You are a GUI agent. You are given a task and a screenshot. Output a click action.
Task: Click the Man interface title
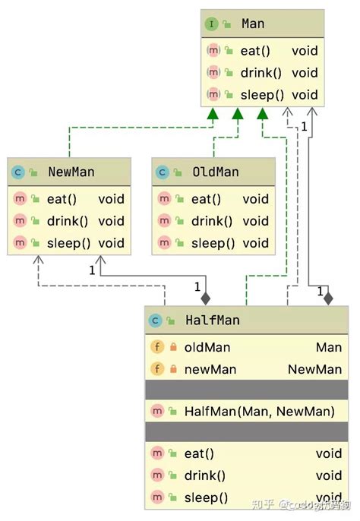tap(253, 24)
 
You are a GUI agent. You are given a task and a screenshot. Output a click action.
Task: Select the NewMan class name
tap(71, 172)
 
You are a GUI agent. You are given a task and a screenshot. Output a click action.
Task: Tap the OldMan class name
tap(215, 172)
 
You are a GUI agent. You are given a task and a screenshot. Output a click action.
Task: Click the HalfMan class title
tap(212, 320)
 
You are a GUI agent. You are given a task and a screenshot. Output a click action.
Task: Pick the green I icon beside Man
tap(211, 24)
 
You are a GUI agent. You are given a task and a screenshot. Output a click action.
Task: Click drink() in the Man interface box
tap(261, 73)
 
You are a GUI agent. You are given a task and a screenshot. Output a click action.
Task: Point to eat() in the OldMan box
tap(206, 199)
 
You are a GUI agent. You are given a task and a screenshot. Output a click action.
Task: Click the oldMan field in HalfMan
tap(207, 347)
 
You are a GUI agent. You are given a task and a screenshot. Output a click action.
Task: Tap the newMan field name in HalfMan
tap(210, 370)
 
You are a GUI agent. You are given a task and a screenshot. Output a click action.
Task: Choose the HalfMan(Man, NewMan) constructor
tap(259, 411)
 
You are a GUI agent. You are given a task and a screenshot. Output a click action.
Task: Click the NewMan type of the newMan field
tap(314, 370)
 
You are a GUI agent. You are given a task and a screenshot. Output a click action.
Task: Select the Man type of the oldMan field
tap(329, 347)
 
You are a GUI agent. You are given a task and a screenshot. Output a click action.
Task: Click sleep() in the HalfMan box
tap(206, 497)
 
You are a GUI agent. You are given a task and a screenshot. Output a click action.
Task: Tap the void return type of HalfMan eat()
tap(329, 453)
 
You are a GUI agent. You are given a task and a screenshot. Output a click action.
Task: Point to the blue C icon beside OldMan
tap(162, 172)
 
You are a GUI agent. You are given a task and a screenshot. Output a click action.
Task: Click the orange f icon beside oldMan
tap(157, 347)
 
